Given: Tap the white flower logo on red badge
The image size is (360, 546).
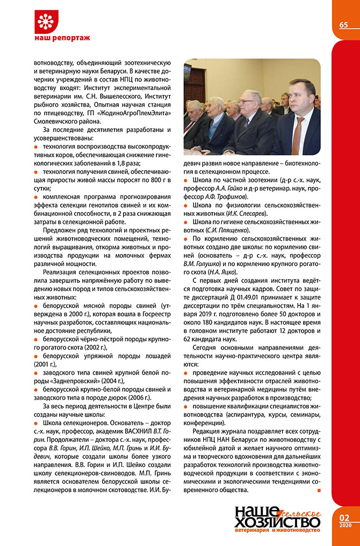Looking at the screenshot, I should (48, 22).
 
